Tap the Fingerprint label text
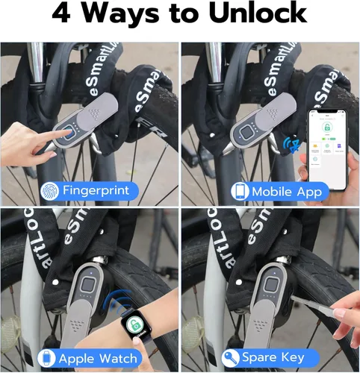[x=96, y=190]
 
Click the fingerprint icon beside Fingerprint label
[x=51, y=190]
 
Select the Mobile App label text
[x=285, y=192]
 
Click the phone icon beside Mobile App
[x=240, y=192]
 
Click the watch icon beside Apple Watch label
[x=46, y=359]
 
